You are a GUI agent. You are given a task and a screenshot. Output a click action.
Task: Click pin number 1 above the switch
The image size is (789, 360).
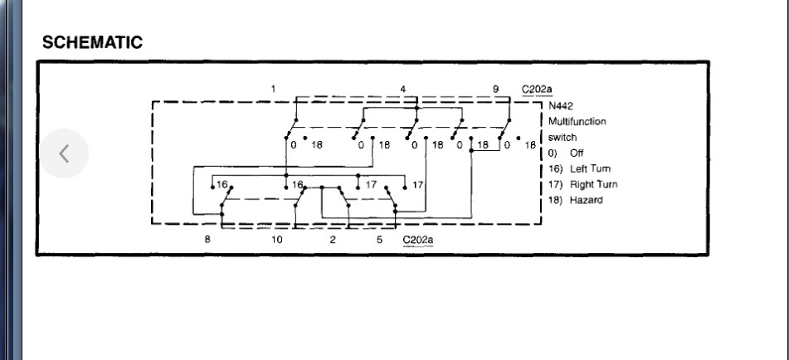(272, 87)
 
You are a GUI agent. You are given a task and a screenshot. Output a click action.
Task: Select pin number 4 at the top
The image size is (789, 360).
(402, 87)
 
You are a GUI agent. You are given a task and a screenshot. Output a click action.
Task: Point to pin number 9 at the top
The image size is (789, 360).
(495, 87)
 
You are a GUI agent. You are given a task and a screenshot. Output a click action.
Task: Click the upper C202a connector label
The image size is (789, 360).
(534, 88)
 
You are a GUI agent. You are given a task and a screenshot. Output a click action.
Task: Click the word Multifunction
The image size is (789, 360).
(577, 121)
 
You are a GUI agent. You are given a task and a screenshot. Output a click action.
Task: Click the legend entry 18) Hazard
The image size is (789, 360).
(571, 200)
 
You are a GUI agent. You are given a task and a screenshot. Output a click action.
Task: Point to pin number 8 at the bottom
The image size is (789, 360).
(207, 239)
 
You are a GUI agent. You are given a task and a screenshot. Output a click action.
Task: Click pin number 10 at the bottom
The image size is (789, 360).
(276, 239)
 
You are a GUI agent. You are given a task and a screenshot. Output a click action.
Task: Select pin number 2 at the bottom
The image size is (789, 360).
(333, 239)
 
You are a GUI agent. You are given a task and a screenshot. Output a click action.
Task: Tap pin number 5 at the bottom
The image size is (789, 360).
(378, 239)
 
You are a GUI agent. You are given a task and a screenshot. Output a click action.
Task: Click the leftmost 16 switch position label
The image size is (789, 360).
(222, 183)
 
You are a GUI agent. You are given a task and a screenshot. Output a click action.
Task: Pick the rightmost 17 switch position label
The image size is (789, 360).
(418, 183)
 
